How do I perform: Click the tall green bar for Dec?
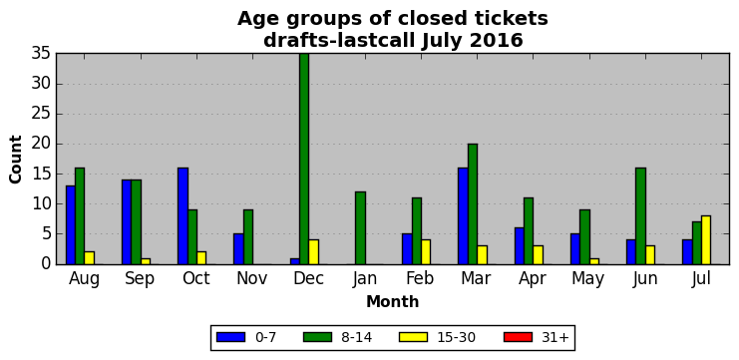point(304,159)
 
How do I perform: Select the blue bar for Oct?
point(183,215)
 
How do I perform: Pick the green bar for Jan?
point(360,228)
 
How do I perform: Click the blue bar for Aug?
point(71,224)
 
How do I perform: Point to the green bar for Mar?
point(473,204)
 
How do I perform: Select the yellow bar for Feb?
point(426,252)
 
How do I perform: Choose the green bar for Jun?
point(640,215)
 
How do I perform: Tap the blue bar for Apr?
point(519,246)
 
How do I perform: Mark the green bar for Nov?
point(248,237)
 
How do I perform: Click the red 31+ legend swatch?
point(518,337)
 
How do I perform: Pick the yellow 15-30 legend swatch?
point(413,337)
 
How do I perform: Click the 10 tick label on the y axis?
point(41,204)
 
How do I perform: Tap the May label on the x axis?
point(587,279)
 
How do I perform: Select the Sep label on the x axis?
point(140,279)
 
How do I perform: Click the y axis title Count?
point(16,160)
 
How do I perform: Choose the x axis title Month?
point(393,301)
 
